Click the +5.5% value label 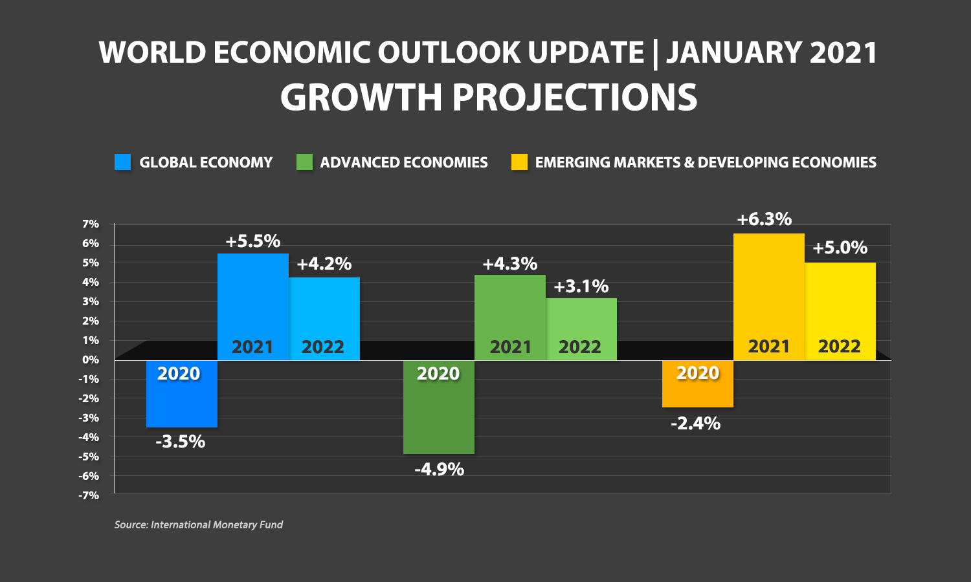(253, 241)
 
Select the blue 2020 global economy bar (182, 394)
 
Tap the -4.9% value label (439, 469)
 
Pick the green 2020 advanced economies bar (439, 407)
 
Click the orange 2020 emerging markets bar (698, 383)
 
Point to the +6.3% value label (765, 219)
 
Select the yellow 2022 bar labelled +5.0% (840, 311)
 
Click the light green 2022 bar (581, 329)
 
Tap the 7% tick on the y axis (91, 224)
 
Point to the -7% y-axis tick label (89, 495)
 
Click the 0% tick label (91, 360)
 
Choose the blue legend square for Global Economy (123, 162)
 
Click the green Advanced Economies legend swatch (304, 162)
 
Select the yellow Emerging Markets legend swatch (519, 162)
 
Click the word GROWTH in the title (361, 97)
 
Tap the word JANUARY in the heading (733, 52)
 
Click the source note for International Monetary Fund (199, 525)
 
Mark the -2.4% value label (695, 424)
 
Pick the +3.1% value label (581, 286)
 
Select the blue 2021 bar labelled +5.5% (253, 307)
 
